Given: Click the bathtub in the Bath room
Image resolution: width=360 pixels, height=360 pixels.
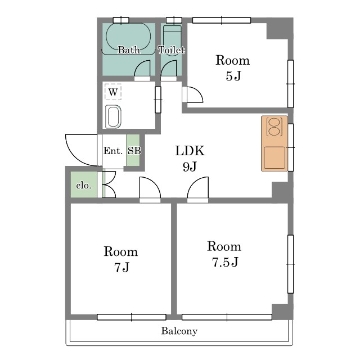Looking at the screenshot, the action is tap(128, 37).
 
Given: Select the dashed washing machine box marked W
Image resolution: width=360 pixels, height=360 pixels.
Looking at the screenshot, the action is tap(113, 92).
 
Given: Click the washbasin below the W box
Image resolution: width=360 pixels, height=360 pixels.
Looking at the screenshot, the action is tap(113, 116).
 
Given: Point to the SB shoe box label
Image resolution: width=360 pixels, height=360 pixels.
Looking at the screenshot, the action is tap(134, 151).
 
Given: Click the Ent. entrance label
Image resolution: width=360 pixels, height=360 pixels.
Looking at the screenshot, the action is tap(112, 151).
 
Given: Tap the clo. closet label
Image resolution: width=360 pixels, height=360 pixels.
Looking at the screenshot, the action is tap(84, 185).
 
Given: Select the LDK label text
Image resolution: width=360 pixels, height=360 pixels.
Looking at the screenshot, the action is tap(190, 151).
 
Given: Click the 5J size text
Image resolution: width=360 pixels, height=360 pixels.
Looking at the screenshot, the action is tap(233, 76).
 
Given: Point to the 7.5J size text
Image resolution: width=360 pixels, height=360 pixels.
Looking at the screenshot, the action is tap(225, 262).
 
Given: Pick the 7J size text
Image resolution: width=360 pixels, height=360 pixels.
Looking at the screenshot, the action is tap(121, 267).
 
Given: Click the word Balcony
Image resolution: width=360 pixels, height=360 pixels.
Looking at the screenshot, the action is tap(179, 331).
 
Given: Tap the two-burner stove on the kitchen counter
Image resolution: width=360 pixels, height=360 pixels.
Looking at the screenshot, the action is tap(274, 127).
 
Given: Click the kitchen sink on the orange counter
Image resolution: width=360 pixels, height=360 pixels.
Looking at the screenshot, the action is tap(274, 157).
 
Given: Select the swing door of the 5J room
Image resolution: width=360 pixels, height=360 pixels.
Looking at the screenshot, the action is tap(192, 94).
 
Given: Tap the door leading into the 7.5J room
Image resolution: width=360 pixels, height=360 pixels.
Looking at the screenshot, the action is tap(198, 189).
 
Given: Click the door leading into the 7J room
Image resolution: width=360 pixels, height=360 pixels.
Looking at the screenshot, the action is tap(150, 189).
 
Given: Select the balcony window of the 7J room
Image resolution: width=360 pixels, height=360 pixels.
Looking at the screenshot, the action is tap(132, 317).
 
